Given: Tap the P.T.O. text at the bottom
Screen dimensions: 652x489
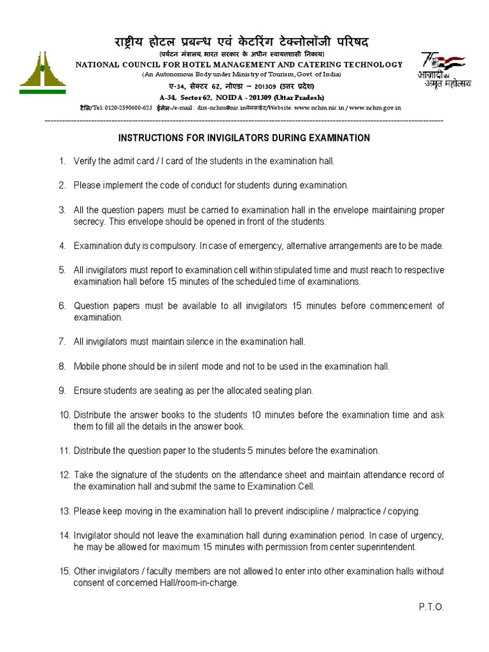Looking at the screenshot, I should click(x=431, y=607).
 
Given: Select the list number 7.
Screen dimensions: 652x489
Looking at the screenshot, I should click(x=62, y=342).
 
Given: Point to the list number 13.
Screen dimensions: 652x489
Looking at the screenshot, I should click(x=65, y=511).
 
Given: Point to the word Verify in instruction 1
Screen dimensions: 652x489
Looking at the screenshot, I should click(x=85, y=161).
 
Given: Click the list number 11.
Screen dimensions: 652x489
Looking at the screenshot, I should click(x=65, y=451).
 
